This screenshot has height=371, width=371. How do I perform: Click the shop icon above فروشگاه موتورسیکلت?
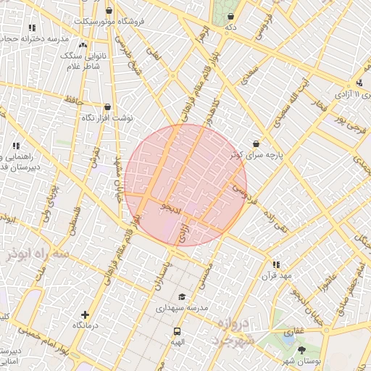(109, 10)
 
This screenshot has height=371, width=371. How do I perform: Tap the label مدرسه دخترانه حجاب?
(35, 37)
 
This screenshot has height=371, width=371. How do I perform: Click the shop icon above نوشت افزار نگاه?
(107, 107)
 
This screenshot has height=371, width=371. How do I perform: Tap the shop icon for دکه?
(231, 16)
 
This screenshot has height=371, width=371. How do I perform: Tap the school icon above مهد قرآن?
(276, 265)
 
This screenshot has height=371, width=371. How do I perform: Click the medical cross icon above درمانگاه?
(86, 314)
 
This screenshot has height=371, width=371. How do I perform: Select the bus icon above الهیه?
(177, 331)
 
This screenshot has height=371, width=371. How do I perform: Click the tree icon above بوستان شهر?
(301, 351)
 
